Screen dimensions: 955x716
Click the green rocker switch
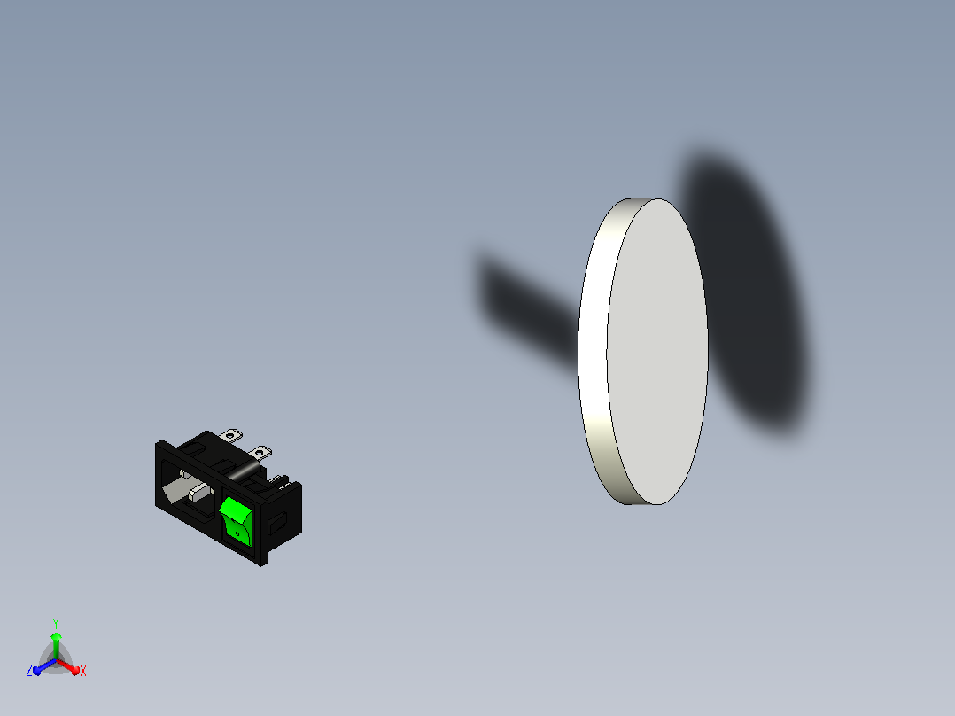(x=236, y=521)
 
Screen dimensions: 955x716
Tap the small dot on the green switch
(x=237, y=533)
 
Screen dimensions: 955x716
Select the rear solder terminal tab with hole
(x=231, y=435)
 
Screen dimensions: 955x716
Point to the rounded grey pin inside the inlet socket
(x=200, y=491)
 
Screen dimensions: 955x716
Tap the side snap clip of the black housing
(x=277, y=524)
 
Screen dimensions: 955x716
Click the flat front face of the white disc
(x=657, y=352)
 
